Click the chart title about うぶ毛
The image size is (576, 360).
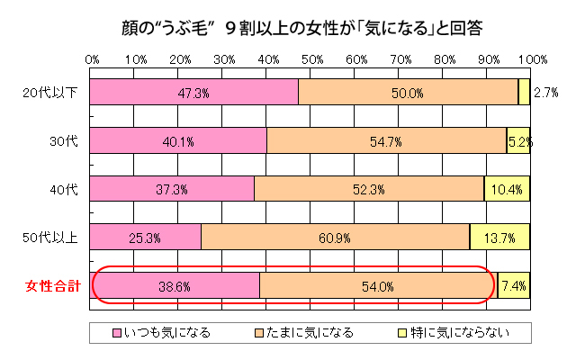pyautogui.click(x=288, y=27)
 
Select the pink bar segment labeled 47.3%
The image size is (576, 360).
pyautogui.click(x=194, y=93)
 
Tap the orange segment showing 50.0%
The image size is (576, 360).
pyautogui.click(x=408, y=93)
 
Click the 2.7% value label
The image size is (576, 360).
pyautogui.click(x=545, y=93)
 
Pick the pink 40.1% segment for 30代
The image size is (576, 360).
pyautogui.click(x=179, y=141)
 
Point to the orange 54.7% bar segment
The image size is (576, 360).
pyautogui.click(x=387, y=141)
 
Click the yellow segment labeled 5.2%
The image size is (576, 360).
pyautogui.click(x=518, y=141)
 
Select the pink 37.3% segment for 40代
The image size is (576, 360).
pyautogui.click(x=173, y=189)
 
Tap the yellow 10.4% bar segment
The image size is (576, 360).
pyautogui.click(x=508, y=189)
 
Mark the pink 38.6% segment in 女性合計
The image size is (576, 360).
pyautogui.click(x=175, y=286)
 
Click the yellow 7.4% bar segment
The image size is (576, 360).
pyautogui.click(x=514, y=286)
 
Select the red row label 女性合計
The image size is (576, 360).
pyautogui.click(x=52, y=287)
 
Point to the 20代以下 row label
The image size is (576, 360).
pyautogui.click(x=51, y=93)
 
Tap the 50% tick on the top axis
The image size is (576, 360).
pyautogui.click(x=311, y=59)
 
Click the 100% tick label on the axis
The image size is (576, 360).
pyautogui.click(x=531, y=59)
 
